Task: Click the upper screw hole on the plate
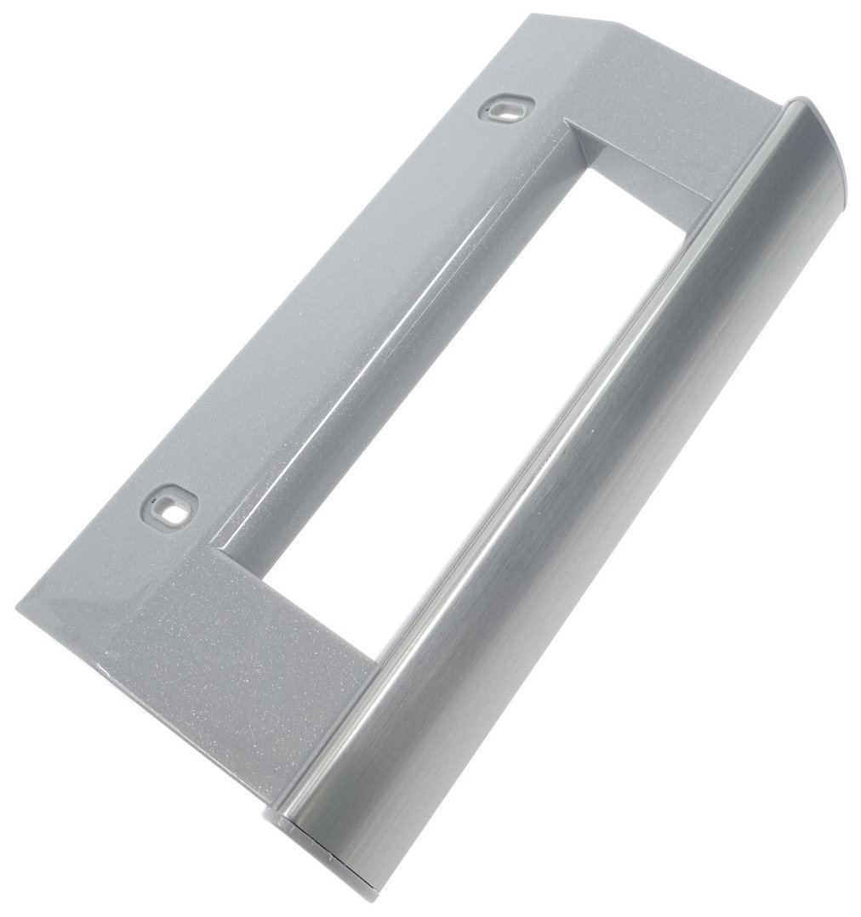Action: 506,108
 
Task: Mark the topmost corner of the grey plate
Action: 532,14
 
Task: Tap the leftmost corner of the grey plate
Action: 18,605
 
